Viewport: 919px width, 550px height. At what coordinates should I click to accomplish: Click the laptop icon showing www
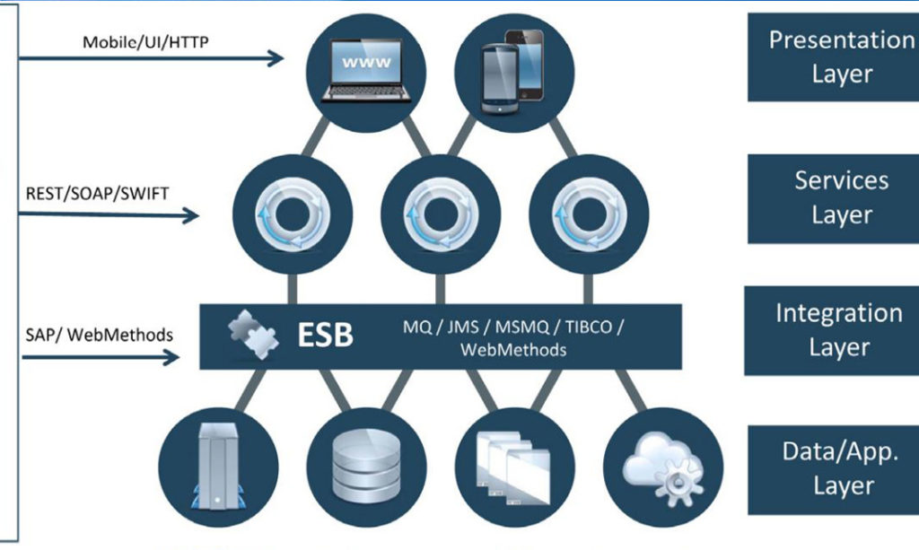[x=366, y=70]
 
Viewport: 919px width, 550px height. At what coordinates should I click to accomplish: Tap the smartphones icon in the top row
[x=512, y=72]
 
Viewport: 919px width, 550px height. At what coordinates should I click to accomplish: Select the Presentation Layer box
[x=834, y=57]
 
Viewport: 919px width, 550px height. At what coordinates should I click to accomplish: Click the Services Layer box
[x=834, y=198]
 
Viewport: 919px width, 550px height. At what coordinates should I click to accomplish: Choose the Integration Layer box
[x=832, y=330]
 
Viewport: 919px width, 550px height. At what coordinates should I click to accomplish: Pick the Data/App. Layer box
[x=834, y=470]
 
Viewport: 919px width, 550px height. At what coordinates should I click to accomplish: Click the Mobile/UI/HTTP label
[x=145, y=42]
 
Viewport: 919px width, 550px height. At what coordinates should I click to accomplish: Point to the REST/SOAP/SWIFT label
[x=97, y=193]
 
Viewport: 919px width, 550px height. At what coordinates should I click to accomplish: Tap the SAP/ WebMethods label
[x=99, y=335]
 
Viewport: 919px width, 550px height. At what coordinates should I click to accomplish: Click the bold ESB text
[x=325, y=335]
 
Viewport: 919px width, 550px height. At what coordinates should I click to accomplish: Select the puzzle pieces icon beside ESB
[x=253, y=335]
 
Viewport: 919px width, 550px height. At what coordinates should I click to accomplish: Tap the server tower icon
[x=218, y=467]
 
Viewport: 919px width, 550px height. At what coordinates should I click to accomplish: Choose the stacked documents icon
[x=513, y=467]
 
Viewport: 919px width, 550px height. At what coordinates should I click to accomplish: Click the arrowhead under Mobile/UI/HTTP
[x=276, y=58]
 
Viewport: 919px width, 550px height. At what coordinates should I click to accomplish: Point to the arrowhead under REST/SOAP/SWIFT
[x=190, y=215]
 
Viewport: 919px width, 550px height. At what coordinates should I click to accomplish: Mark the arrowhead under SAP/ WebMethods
[x=171, y=357]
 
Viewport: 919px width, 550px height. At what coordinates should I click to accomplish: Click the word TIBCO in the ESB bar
[x=589, y=327]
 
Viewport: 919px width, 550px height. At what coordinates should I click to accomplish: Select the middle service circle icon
[x=441, y=214]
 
